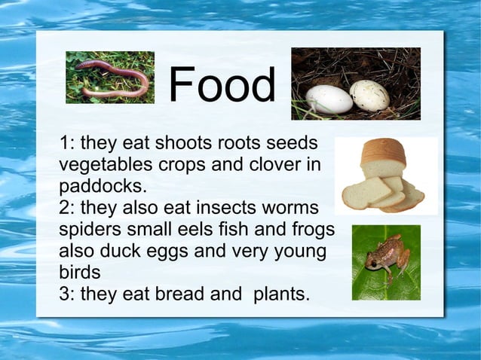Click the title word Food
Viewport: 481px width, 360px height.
pos(222,86)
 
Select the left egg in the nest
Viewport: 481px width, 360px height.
pos(329,99)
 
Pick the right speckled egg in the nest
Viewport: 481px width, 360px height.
pos(369,95)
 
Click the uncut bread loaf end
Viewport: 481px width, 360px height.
pos(383,154)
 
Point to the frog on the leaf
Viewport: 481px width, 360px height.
pos(384,256)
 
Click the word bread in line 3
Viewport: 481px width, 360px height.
pos(179,292)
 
